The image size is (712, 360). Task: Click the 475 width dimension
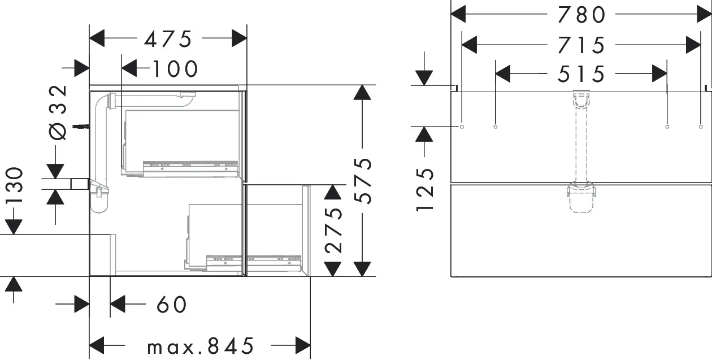coord(168,39)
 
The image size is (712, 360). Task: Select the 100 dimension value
coord(175,69)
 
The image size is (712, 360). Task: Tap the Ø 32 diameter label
coord(58,112)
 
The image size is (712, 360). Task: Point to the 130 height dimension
coord(14,186)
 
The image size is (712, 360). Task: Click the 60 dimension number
coord(171,305)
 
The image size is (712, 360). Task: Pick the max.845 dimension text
coord(200,345)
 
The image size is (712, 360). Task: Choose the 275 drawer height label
coord(334,231)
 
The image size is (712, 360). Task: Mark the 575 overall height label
coord(365,181)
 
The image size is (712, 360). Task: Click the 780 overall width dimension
coord(581,15)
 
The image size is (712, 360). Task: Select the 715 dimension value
coord(581,45)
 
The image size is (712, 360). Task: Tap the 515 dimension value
coord(581,73)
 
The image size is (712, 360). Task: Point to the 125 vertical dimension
coord(425,189)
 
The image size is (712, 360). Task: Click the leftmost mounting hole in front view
coord(462,127)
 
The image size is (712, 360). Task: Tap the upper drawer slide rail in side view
coord(190,166)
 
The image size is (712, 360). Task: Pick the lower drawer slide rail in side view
coord(254,259)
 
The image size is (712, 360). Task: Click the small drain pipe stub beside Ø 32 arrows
coord(79,183)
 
